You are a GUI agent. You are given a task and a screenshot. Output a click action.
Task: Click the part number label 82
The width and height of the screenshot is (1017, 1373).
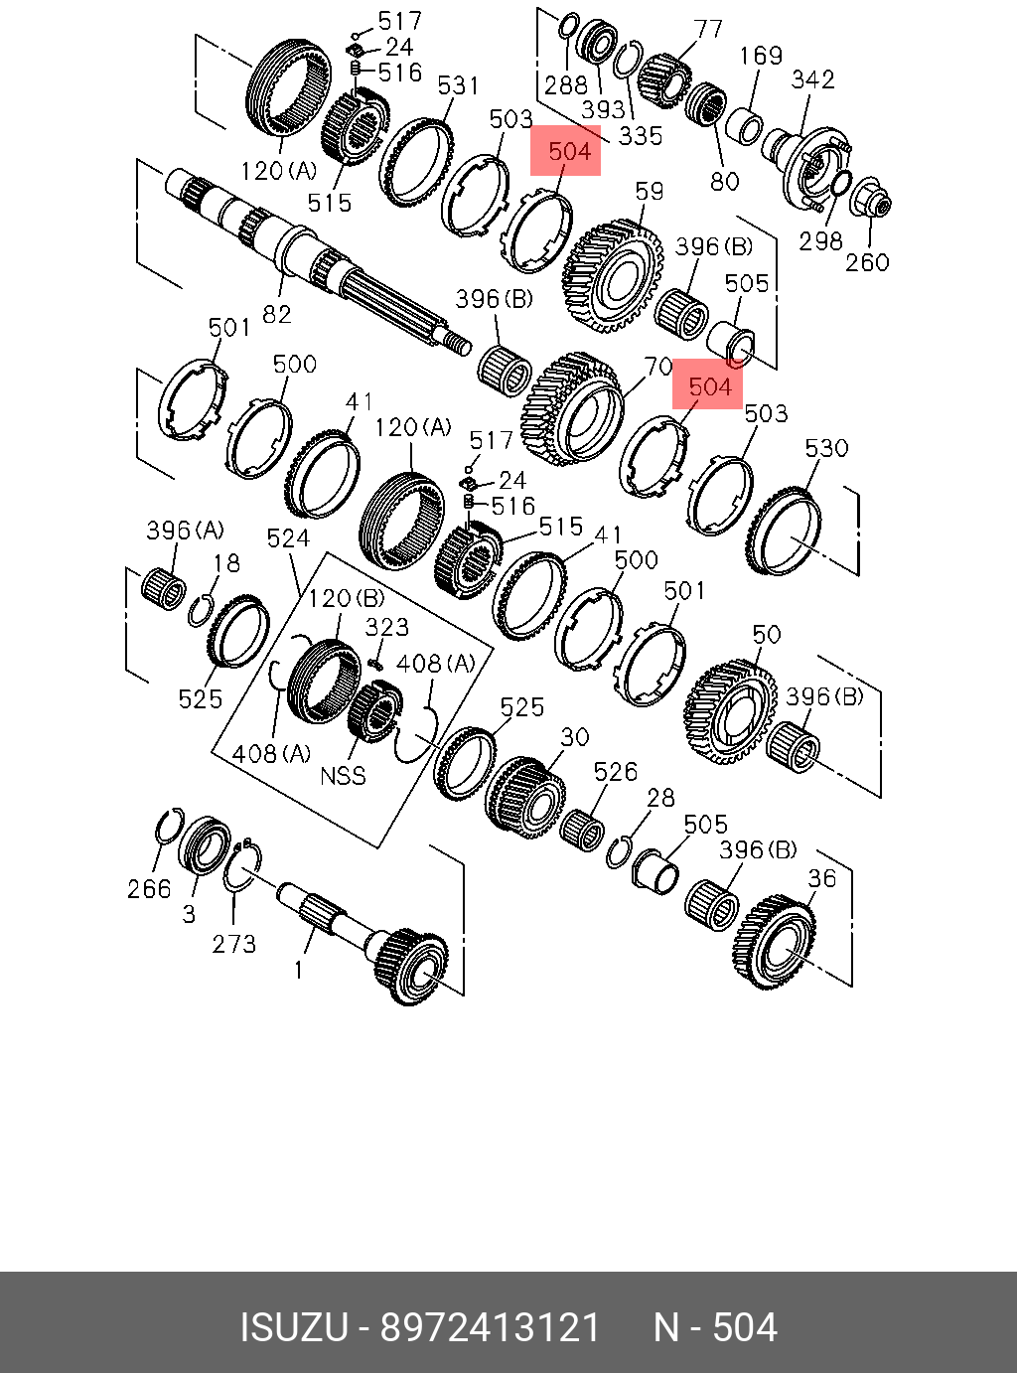click(x=277, y=314)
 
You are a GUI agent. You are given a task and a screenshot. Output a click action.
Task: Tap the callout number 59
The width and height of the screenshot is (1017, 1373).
click(x=649, y=191)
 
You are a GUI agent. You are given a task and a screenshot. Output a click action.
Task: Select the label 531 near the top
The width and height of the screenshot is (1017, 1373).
click(x=458, y=85)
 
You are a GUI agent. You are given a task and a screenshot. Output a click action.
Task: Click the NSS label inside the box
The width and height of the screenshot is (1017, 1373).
click(x=343, y=775)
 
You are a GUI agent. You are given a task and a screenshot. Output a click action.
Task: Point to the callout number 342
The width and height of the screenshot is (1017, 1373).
click(x=812, y=78)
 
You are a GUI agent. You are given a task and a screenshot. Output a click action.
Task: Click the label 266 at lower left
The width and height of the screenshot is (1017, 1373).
click(x=149, y=888)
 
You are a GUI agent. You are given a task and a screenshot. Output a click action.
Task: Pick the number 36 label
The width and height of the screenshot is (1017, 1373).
click(x=822, y=878)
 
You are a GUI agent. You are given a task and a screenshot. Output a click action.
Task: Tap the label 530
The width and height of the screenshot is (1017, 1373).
click(x=826, y=448)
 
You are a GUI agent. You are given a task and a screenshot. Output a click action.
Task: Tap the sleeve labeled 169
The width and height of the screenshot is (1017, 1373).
click(x=744, y=128)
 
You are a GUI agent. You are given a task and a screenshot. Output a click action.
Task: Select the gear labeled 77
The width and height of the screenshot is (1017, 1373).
click(x=664, y=79)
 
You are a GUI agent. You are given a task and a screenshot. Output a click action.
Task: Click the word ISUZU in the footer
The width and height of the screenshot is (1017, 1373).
click(x=294, y=1328)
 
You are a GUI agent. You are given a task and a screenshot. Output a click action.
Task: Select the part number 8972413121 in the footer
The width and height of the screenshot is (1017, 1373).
click(x=491, y=1328)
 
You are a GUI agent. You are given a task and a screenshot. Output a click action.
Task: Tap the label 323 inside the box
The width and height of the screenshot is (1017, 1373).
click(x=386, y=627)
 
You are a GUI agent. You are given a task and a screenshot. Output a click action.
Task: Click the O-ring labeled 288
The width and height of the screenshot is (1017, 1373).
click(x=568, y=25)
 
